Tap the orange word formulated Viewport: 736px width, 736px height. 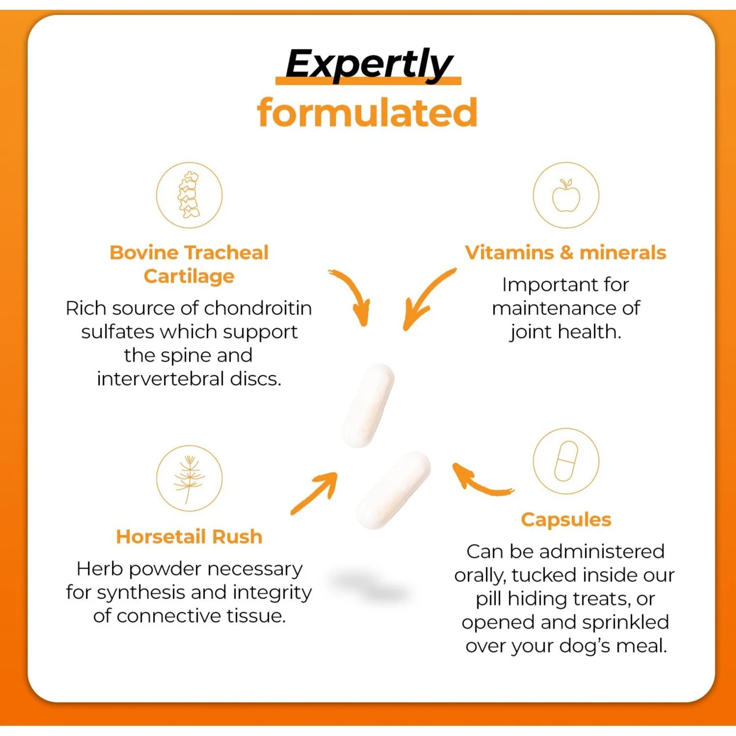(x=367, y=113)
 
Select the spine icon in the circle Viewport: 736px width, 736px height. (x=189, y=195)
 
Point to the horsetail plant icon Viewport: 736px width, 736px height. (x=189, y=478)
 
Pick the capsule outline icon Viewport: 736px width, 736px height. (x=566, y=461)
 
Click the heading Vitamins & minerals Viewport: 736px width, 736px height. (x=565, y=253)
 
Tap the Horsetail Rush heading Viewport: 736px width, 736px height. (x=189, y=537)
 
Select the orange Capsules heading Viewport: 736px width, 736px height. (x=566, y=520)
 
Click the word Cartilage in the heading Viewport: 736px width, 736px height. (x=189, y=276)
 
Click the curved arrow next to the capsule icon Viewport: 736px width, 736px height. (x=478, y=481)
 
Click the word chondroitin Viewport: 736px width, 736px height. (x=258, y=308)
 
